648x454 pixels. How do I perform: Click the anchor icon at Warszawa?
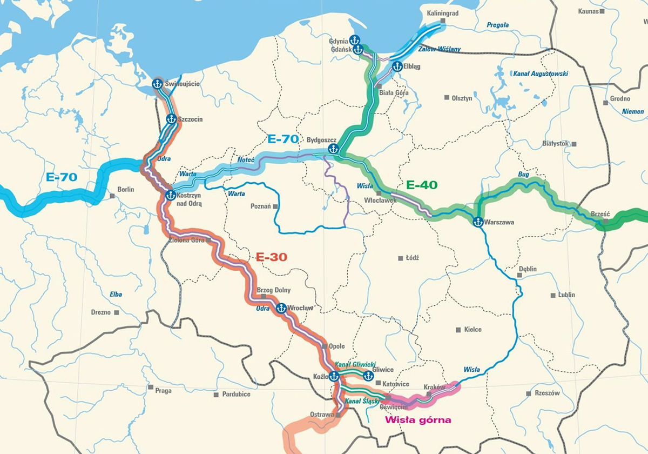[x=478, y=221]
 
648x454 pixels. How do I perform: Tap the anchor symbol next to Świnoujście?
[x=157, y=84]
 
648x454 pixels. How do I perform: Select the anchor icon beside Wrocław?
[x=281, y=308]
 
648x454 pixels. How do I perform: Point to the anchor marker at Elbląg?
[x=397, y=66]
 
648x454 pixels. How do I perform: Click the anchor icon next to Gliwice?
[x=368, y=375]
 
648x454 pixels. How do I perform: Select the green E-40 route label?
[x=421, y=185]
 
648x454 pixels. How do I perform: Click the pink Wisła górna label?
[x=417, y=419]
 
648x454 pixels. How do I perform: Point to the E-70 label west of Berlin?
[x=62, y=177]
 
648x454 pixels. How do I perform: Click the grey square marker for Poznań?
[x=275, y=206]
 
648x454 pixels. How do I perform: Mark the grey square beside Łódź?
[x=400, y=258]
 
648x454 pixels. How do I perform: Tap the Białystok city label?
[x=555, y=144]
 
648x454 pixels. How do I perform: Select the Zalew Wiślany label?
[x=443, y=49]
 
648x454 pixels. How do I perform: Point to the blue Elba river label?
[x=115, y=295]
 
